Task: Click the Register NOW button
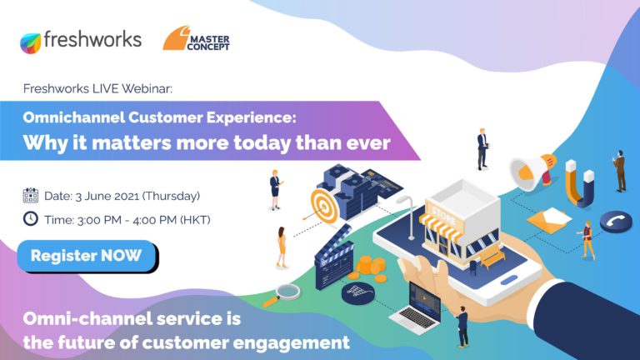pyautogui.click(x=87, y=256)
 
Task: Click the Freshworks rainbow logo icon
pyautogui.click(x=31, y=42)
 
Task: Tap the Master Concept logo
pyautogui.click(x=197, y=39)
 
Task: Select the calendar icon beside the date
pyautogui.click(x=31, y=196)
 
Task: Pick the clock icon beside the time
pyautogui.click(x=31, y=219)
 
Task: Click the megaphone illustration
pyautogui.click(x=532, y=171)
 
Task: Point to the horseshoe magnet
pyautogui.click(x=579, y=182)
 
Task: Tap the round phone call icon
pyautogui.click(x=616, y=222)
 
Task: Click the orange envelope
pyautogui.click(x=548, y=220)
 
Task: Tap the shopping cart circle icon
pyautogui.click(x=357, y=292)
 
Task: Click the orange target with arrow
pyautogui.click(x=323, y=207)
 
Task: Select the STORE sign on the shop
pyautogui.click(x=443, y=217)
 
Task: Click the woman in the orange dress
pyautogui.click(x=281, y=247)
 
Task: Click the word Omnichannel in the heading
pyautogui.click(x=74, y=117)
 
